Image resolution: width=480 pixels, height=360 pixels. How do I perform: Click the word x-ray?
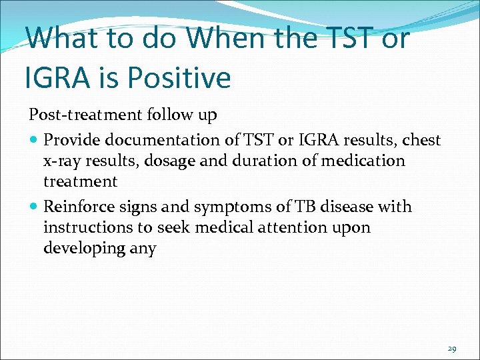click(61, 161)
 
